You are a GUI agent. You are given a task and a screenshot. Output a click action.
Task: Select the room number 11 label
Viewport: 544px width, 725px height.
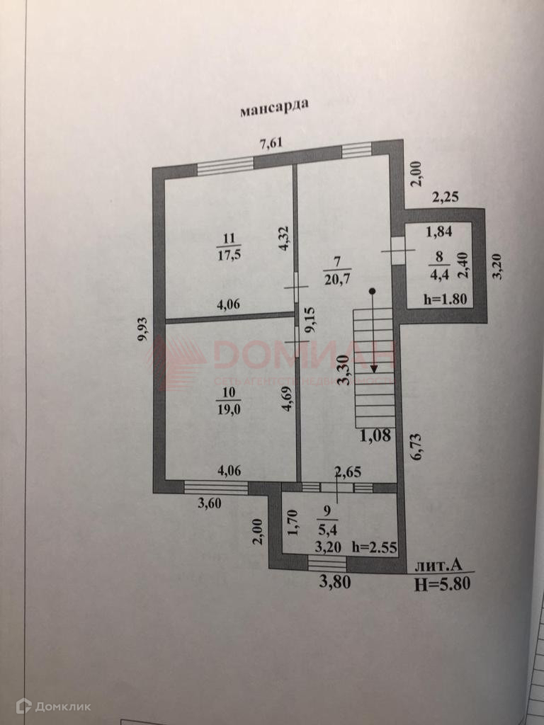227,239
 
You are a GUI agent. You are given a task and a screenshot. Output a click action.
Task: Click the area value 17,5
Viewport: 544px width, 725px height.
229,255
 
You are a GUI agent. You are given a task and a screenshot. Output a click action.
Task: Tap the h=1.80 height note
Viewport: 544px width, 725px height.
445,299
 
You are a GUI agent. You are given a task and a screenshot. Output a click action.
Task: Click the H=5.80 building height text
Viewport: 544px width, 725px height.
443,583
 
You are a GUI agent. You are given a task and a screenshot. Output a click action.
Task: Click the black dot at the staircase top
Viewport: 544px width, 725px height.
373,290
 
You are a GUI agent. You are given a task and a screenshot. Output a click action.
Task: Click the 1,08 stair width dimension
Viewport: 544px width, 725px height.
375,435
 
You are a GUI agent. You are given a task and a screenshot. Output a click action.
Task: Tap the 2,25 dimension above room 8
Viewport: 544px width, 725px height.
446,198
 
